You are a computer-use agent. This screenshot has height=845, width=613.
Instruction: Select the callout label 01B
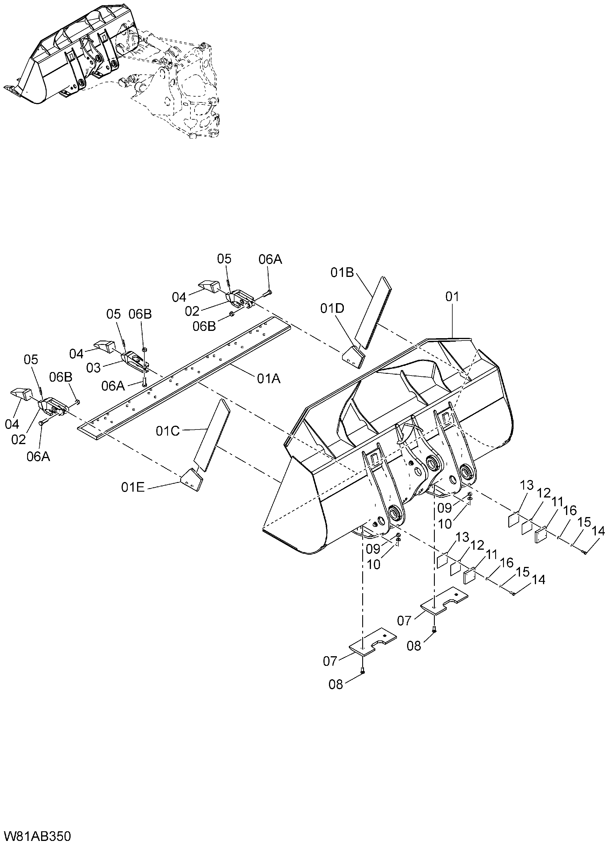pyautogui.click(x=342, y=273)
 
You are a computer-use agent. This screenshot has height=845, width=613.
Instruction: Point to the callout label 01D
pyautogui.click(x=332, y=308)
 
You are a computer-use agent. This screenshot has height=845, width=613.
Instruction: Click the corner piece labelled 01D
pyautogui.click(x=354, y=357)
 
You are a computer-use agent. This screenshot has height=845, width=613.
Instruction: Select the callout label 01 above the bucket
pyautogui.click(x=452, y=297)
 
